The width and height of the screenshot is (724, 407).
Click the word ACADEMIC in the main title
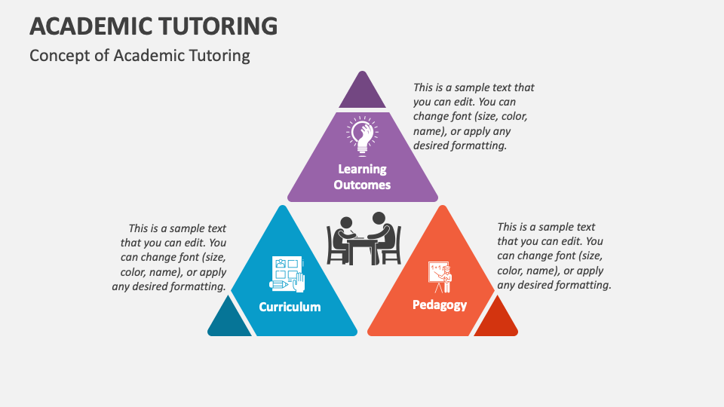pyautogui.click(x=88, y=26)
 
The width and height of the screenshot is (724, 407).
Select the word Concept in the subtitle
pyautogui.click(x=56, y=55)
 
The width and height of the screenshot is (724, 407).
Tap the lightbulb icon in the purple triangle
pyautogui.click(x=362, y=133)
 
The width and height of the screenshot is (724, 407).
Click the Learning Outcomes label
pyautogui.click(x=362, y=176)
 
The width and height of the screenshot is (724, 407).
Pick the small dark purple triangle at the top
pyautogui.click(x=363, y=93)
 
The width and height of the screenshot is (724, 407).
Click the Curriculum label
pyautogui.click(x=290, y=307)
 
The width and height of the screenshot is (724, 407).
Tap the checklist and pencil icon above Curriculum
pyautogui.click(x=287, y=274)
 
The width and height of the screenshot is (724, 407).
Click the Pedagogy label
pyautogui.click(x=440, y=304)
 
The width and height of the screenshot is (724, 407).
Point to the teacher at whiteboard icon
pyautogui.click(x=440, y=277)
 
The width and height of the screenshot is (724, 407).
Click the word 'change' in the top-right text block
pyautogui.click(x=430, y=117)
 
